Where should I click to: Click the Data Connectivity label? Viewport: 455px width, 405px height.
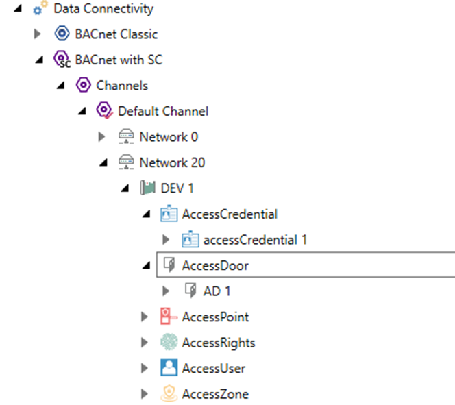(x=103, y=9)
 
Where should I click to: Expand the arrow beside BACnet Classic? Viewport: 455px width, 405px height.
(x=38, y=34)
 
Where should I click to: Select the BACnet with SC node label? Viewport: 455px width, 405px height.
(x=119, y=60)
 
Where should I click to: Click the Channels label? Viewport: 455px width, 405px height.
(x=122, y=86)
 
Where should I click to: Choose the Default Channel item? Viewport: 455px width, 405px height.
(x=163, y=111)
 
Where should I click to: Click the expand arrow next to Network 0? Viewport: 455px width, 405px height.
(x=102, y=137)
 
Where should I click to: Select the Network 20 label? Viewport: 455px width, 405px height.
(x=172, y=162)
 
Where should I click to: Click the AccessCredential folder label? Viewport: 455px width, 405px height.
(x=230, y=214)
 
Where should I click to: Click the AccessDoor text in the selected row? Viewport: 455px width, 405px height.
(x=215, y=265)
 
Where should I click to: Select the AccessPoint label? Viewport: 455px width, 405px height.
(x=215, y=317)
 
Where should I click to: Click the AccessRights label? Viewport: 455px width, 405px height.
(x=218, y=343)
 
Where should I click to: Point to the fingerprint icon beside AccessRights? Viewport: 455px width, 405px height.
(x=168, y=343)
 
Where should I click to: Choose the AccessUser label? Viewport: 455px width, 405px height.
(x=214, y=368)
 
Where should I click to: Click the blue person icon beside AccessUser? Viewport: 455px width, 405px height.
(x=168, y=368)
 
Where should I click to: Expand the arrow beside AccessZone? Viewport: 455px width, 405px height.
(x=145, y=394)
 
